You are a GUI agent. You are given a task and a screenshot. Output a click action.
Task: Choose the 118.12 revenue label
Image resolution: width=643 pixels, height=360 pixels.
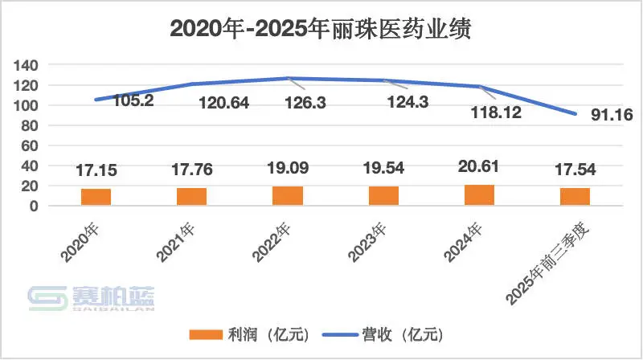pos(494,112)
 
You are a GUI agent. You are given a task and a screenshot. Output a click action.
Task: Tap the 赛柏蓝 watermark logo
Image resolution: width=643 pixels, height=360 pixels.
pos(92,298)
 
